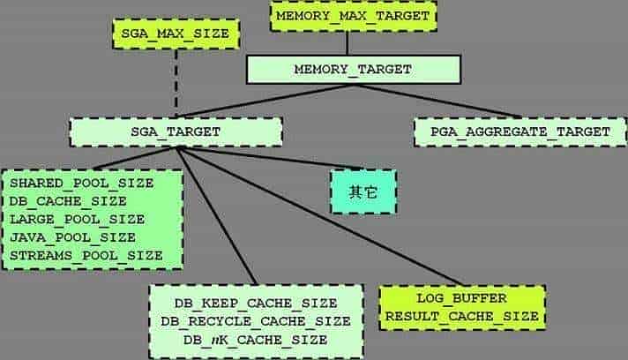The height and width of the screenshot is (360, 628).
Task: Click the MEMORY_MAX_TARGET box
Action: pos(353,16)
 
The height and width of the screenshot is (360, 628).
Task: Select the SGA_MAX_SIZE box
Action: pos(176,34)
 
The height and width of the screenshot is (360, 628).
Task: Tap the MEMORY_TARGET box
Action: pos(353,70)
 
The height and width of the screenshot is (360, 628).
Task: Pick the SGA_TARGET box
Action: pos(176,131)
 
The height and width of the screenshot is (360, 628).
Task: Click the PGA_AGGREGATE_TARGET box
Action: pos(520,131)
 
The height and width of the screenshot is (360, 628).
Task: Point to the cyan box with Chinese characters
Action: pos(363,191)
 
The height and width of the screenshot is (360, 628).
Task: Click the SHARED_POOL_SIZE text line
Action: pos(82,184)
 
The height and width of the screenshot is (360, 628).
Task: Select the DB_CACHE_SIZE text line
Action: pos(68,201)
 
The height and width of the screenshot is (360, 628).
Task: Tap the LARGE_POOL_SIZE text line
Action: pos(78,220)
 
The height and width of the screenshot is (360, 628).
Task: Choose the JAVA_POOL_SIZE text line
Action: pos(72,237)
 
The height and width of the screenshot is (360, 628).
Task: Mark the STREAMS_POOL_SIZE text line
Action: pos(86,256)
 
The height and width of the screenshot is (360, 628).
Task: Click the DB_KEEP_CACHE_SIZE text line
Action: pos(256,304)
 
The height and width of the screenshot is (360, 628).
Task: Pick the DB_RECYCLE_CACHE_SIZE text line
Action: pos(256,321)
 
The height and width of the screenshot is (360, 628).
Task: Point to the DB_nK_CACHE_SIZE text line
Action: pos(256,340)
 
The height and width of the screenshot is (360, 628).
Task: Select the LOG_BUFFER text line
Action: pos(462,298)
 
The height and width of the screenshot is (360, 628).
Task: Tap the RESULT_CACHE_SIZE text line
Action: pos(462,317)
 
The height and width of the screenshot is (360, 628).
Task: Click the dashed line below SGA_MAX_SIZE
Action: pos(176,83)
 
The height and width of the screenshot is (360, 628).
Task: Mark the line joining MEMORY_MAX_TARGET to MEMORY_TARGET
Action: pos(348,43)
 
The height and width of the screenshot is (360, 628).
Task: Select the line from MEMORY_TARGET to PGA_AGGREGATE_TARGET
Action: pos(437,101)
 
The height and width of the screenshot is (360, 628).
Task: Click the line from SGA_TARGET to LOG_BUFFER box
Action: pos(319,217)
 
